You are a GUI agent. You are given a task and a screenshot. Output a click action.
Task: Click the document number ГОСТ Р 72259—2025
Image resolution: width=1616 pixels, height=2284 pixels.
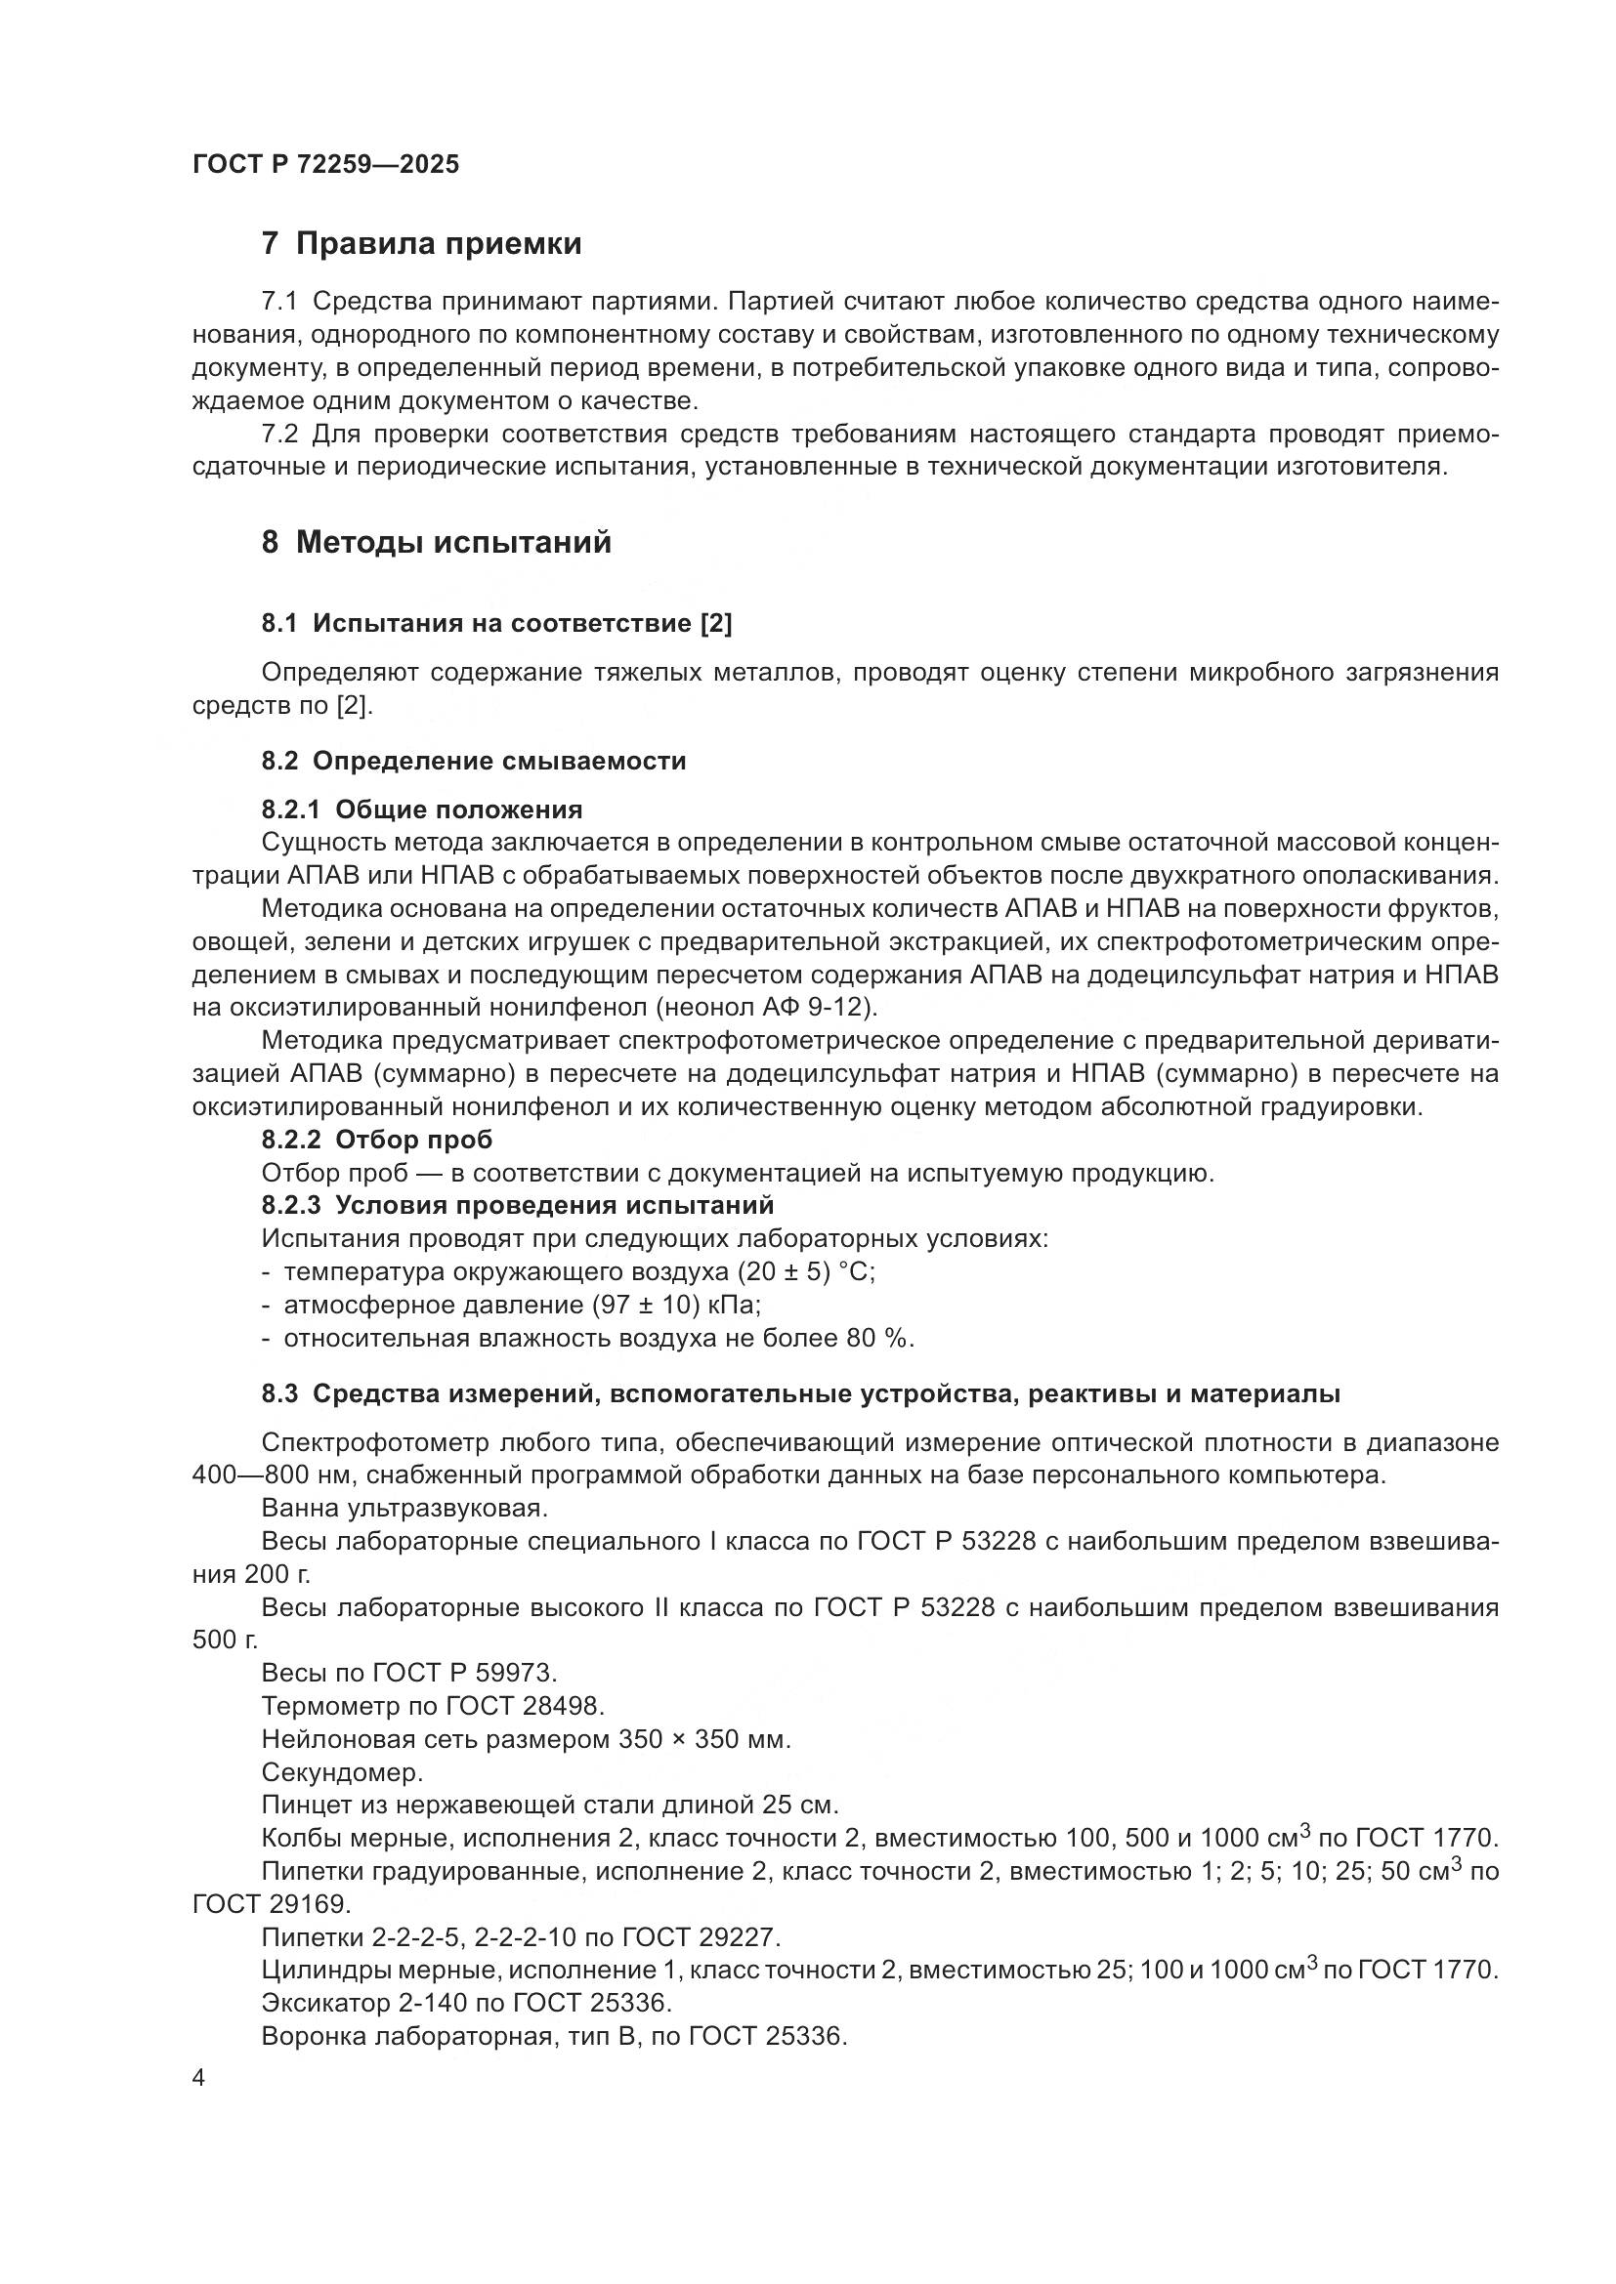click(325, 165)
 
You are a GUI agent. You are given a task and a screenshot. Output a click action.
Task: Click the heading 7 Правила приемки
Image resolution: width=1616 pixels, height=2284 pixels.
click(421, 244)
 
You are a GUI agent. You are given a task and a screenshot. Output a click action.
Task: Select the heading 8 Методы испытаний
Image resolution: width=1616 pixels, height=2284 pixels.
click(436, 543)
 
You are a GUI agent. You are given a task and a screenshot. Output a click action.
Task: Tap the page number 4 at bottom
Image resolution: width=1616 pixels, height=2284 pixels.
click(199, 2079)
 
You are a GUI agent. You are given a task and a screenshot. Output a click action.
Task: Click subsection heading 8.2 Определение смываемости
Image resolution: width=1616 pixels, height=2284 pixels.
click(474, 761)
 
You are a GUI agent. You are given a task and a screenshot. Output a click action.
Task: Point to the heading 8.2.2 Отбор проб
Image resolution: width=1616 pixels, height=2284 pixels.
click(377, 1140)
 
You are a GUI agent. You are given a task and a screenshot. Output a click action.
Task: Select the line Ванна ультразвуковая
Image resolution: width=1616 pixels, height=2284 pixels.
click(404, 1508)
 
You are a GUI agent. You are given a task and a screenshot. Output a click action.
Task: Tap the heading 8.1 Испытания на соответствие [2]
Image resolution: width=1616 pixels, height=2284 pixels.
click(496, 624)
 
